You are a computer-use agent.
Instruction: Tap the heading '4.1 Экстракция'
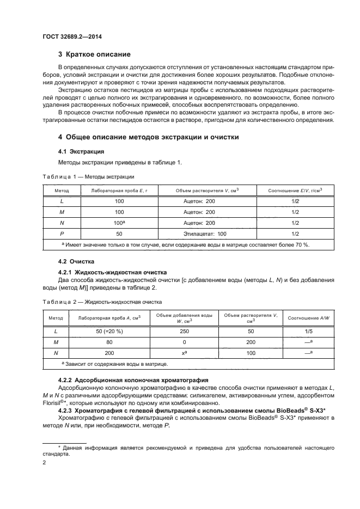click(81, 151)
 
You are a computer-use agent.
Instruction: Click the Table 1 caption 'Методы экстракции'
click(88, 176)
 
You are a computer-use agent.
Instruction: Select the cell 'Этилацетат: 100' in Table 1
click(200, 234)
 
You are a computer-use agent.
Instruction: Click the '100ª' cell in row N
click(119, 223)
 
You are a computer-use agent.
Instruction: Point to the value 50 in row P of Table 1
click(119, 234)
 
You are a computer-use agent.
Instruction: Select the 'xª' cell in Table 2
click(184, 353)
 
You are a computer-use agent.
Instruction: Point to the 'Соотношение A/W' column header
click(310, 317)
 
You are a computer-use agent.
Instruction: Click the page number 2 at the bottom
click(44, 462)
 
